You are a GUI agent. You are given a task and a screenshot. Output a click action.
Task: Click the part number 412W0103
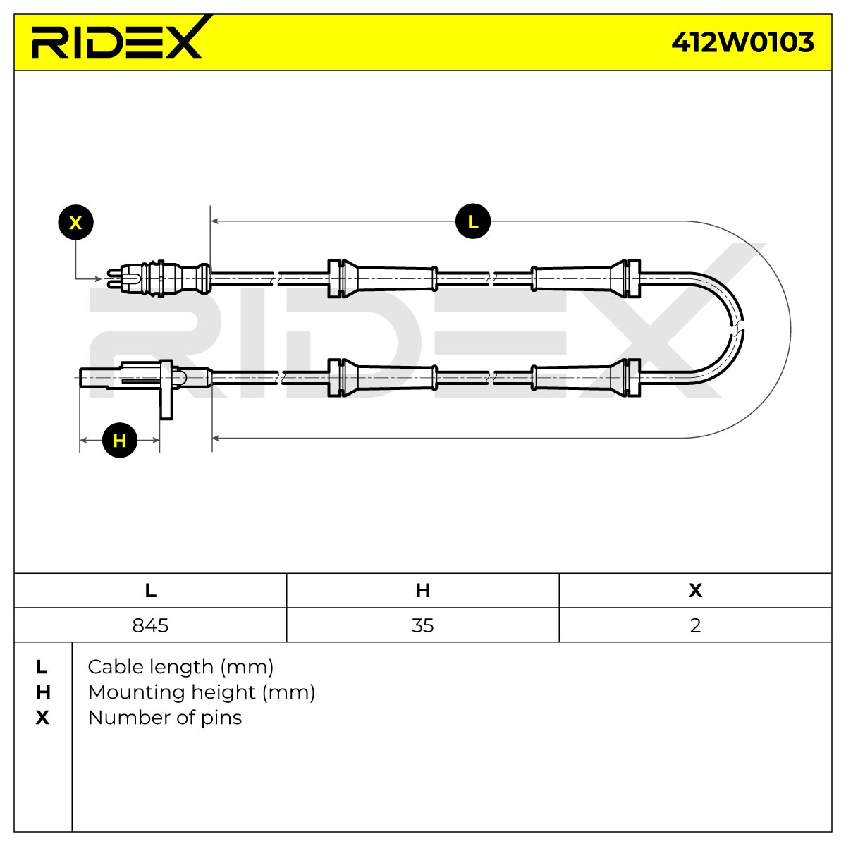[742, 42]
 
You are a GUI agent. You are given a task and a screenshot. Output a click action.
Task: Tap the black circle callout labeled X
[75, 223]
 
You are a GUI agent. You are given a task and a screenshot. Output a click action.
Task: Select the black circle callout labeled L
[473, 221]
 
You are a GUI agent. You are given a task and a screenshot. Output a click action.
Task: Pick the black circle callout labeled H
[119, 440]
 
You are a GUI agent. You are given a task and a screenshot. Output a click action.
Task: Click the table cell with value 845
[150, 625]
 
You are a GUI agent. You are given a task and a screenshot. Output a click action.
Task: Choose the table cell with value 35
[423, 625]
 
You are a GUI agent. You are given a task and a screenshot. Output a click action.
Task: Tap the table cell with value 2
[695, 625]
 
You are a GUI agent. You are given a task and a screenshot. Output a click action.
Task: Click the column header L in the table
[150, 591]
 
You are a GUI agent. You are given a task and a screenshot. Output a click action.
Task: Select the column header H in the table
[423, 591]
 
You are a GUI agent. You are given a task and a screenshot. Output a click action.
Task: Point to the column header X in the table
[695, 591]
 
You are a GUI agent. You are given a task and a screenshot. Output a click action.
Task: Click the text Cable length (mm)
[180, 668]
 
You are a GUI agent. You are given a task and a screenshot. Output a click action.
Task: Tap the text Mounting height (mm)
[202, 693]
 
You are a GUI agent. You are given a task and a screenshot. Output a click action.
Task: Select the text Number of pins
[165, 718]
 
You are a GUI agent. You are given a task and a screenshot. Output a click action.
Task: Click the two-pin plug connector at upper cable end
[159, 278]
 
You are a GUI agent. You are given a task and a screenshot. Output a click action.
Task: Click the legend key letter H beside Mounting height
[42, 693]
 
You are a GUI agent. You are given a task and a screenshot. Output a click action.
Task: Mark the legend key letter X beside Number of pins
[42, 718]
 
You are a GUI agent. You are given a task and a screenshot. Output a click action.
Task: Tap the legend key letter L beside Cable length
[42, 668]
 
